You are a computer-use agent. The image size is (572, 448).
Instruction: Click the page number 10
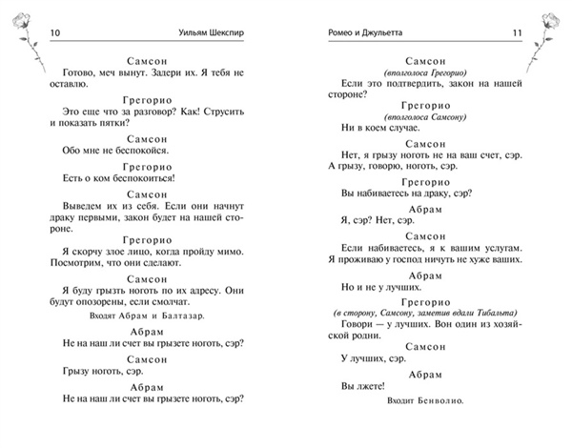point(54,34)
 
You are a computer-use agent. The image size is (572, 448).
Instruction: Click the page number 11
point(518,34)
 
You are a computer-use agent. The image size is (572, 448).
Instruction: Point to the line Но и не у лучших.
point(381,287)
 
